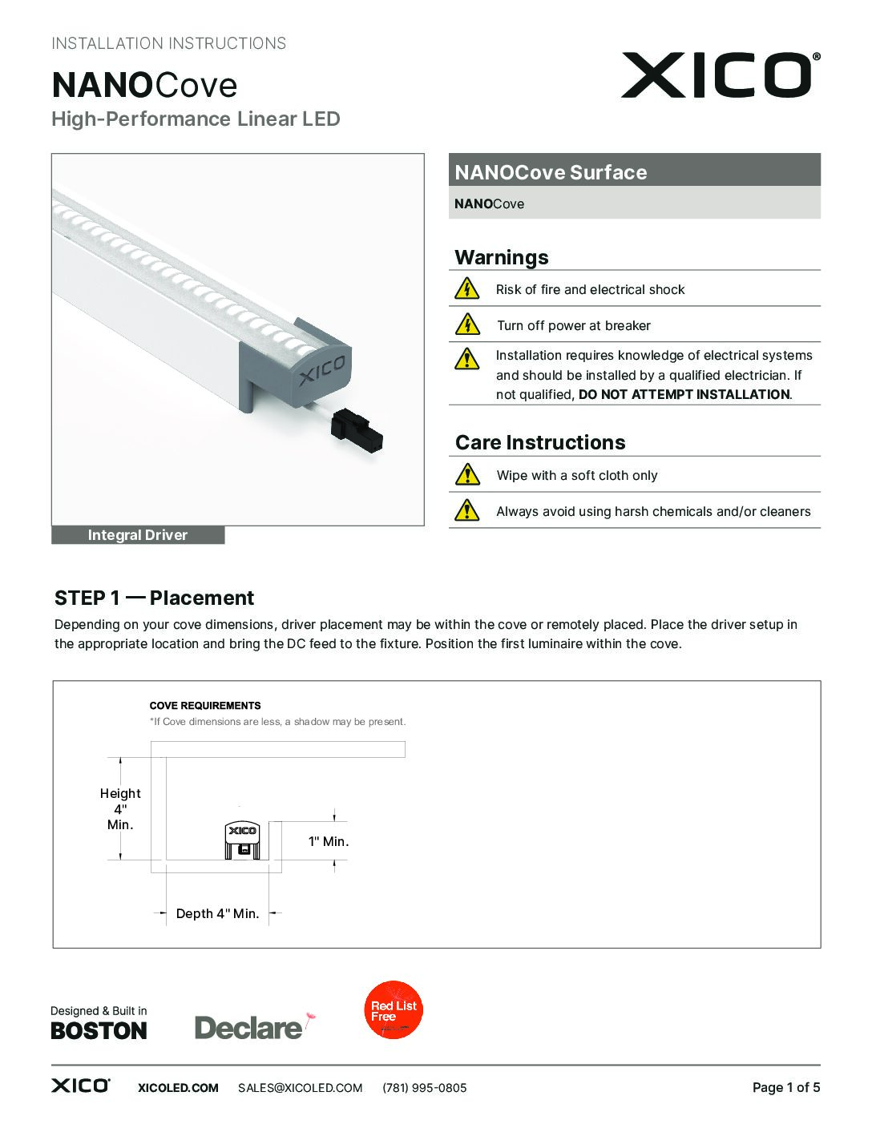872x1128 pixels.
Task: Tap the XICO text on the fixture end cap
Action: tap(322, 370)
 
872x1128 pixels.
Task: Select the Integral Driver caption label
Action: tap(138, 535)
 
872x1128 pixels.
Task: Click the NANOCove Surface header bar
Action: tap(634, 171)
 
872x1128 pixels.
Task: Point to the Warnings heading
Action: tap(502, 257)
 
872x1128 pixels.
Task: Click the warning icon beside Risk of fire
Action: tap(466, 288)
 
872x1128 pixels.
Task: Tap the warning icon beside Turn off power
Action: tap(466, 324)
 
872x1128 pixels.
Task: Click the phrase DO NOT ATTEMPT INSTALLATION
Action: tap(684, 394)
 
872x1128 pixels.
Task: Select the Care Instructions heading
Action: tap(540, 442)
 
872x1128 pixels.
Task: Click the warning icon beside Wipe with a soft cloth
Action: tap(466, 475)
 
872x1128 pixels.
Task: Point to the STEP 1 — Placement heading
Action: tap(154, 598)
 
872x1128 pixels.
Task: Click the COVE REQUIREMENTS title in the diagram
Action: tap(205, 706)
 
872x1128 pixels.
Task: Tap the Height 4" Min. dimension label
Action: tap(120, 809)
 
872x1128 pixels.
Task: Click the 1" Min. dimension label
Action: tap(329, 841)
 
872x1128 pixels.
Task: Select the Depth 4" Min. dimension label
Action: tap(218, 913)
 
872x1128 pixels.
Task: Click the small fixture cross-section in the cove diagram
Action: tap(242, 840)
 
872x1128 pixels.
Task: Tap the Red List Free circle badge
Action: tap(394, 1010)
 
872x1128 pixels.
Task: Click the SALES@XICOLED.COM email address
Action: tap(301, 1088)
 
